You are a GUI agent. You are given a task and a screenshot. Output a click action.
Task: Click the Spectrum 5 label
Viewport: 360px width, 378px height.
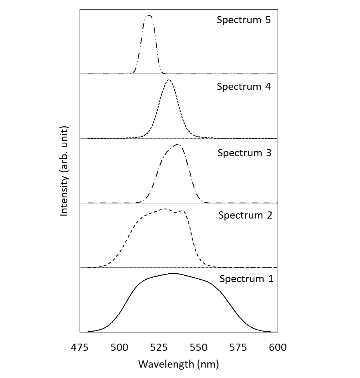point(244,20)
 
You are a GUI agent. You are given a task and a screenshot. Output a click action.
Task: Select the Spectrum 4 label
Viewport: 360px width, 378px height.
point(244,86)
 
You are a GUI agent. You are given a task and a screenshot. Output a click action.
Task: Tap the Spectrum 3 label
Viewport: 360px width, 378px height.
point(244,153)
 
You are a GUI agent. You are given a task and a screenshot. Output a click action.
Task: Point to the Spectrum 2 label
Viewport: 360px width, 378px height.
point(245,215)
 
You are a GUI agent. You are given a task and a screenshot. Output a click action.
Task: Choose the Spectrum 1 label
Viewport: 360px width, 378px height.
point(246,279)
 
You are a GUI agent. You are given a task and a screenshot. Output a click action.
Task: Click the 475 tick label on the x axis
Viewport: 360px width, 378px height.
point(80,348)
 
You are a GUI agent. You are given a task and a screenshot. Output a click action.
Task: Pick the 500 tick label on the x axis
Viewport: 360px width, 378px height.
point(119,348)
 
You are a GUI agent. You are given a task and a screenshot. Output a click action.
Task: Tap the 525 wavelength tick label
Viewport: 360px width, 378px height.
point(159,348)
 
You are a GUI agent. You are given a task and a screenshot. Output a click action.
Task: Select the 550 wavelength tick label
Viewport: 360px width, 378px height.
point(198,348)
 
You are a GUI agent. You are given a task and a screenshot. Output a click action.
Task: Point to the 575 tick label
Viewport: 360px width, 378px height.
point(238,348)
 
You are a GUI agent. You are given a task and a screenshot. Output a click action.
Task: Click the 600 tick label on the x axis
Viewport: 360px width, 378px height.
point(278,348)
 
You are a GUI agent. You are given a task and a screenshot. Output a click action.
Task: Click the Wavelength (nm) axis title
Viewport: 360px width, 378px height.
point(178,364)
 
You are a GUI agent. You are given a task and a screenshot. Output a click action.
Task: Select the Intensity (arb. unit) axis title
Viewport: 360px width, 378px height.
point(64,171)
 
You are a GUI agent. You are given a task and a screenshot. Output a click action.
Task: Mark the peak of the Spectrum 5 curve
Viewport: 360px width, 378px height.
point(149,15)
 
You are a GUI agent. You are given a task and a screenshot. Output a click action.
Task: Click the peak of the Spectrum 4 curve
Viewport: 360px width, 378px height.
point(169,80)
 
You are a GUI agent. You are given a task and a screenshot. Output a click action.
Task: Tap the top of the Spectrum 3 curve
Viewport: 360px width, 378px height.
point(178,145)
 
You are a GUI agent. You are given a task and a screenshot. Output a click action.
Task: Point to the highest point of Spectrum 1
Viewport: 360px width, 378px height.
point(174,274)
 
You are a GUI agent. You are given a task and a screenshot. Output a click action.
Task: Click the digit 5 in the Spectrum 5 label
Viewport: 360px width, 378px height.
point(268,20)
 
